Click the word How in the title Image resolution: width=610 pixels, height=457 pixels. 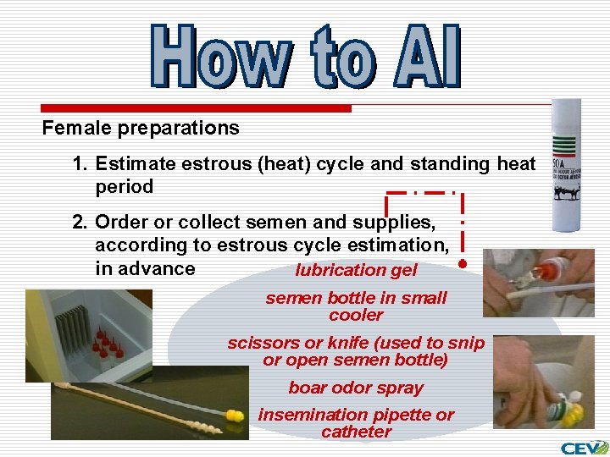coord(218,57)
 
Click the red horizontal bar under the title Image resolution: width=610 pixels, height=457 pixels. coord(197,108)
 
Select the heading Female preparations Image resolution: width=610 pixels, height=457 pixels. coord(141,129)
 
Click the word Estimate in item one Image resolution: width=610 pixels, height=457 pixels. coord(136,163)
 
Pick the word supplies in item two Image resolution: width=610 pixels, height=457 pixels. coord(395,223)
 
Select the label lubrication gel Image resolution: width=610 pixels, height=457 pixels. coord(356,270)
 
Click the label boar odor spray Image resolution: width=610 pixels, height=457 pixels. coord(356,388)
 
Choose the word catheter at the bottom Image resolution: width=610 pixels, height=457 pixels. coord(356,432)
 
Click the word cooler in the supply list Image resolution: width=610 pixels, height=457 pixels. coord(356,315)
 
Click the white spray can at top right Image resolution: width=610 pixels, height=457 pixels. coord(565,165)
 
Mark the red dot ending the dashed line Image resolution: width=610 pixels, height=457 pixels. coord(463,264)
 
